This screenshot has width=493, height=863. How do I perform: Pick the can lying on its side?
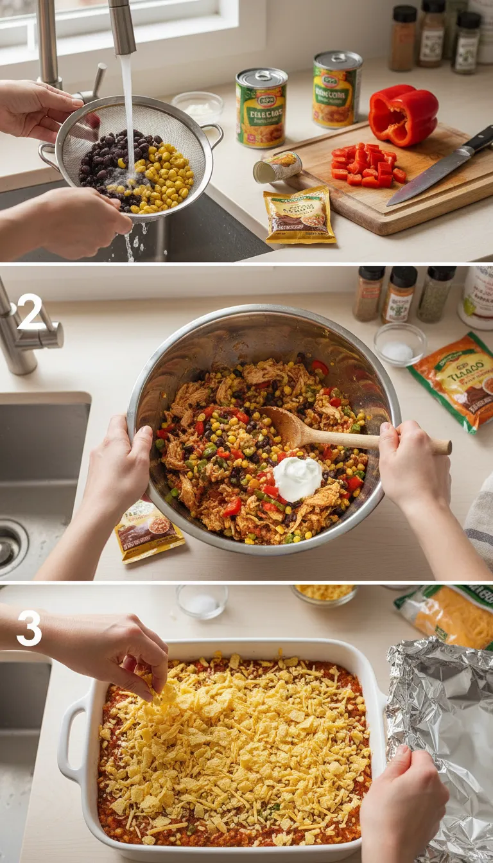[277, 168]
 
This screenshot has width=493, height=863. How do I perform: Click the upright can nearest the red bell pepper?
[337, 89]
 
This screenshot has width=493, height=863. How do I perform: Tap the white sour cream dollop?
[297, 478]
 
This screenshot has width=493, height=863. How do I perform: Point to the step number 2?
[30, 311]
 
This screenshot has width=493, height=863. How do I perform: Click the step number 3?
[30, 628]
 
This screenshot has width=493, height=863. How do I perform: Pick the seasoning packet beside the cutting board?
[299, 216]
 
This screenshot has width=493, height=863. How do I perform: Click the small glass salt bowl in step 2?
[400, 345]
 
